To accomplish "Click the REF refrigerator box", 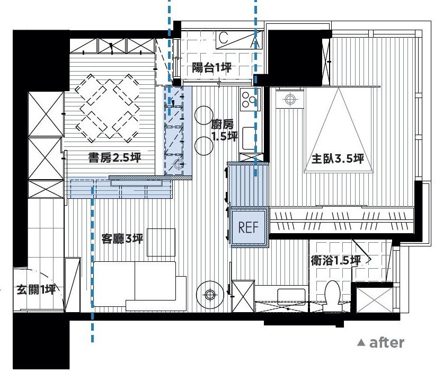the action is click(249, 227).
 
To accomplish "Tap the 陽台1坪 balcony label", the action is click(212, 68).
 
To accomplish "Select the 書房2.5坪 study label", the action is click(114, 158).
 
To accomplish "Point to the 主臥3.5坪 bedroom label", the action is click(338, 159).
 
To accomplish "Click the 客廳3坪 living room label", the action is click(122, 239).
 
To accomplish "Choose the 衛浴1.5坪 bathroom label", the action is click(335, 261).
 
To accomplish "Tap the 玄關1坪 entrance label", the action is click(36, 289).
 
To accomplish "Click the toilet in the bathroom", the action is click(332, 295).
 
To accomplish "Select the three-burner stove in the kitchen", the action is click(249, 100).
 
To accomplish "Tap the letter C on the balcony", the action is click(223, 38).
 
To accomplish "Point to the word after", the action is click(387, 342).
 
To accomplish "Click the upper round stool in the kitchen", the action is click(203, 115).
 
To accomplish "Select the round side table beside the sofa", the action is click(210, 295).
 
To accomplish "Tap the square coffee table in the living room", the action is click(161, 242).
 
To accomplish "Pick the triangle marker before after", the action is click(361, 342).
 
